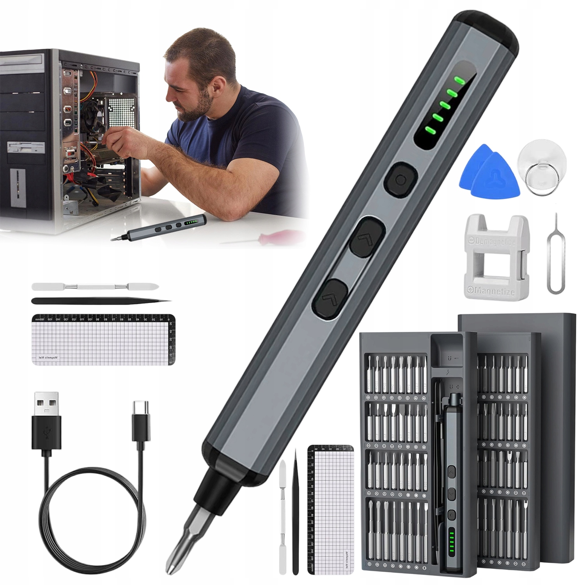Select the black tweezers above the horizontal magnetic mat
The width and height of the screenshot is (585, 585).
(99, 301)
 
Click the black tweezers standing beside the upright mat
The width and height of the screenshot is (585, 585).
(295, 515)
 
